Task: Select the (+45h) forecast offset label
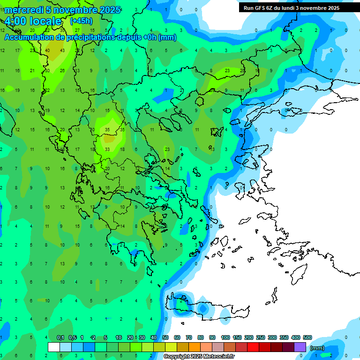coord(81,21)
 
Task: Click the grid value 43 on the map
coord(62,51)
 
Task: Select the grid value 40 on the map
coord(48,51)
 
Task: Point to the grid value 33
coord(107,150)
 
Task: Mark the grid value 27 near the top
coord(77,30)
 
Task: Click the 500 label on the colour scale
coord(307,338)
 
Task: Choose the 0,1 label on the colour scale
coord(60,338)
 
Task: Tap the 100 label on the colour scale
coord(225,338)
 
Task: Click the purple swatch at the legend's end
coord(300,347)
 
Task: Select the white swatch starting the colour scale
coord(54,347)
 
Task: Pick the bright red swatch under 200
coord(253,347)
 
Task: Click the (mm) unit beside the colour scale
coord(317,348)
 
